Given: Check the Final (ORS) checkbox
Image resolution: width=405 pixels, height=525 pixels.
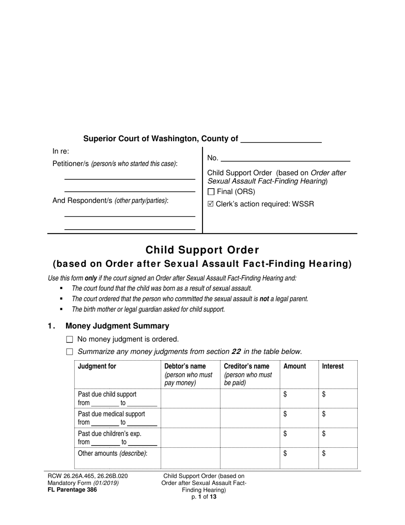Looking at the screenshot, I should click(x=211, y=192).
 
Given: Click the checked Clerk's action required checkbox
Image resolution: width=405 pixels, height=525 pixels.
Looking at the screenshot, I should click(x=210, y=204).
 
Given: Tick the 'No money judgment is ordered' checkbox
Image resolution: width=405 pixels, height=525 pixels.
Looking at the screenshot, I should click(x=70, y=340).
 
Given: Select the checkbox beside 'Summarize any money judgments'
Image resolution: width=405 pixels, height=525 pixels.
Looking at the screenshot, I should click(x=70, y=352).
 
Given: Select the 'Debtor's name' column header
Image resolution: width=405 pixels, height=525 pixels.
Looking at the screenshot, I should click(x=185, y=366).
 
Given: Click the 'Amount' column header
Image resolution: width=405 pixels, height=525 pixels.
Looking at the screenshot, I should click(x=295, y=366).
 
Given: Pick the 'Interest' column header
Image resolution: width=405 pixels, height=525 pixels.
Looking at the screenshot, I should click(x=333, y=366).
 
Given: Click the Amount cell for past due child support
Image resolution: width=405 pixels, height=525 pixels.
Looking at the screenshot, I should click(x=299, y=398).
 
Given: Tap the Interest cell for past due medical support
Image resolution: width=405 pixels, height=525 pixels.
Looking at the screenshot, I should click(x=338, y=418).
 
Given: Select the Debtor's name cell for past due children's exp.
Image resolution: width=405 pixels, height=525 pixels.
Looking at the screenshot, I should click(x=190, y=437).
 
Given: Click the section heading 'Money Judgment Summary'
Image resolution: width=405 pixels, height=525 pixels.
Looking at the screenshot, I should click(x=117, y=326).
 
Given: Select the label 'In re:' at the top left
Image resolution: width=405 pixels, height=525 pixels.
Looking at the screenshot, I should click(x=61, y=151).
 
